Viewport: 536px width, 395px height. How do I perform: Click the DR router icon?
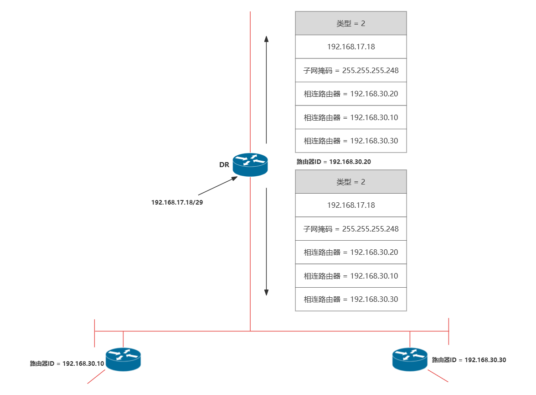[250, 164]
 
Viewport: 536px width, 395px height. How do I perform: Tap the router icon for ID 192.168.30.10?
[123, 359]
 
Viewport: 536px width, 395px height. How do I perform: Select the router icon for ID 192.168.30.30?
[410, 359]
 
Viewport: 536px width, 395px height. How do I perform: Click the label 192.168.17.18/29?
[177, 202]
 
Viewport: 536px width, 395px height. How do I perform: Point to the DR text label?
[224, 164]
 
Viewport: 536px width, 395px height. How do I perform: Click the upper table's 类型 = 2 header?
[350, 23]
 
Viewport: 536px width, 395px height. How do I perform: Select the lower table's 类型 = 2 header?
[350, 182]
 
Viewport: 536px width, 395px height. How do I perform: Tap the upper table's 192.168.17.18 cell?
[350, 47]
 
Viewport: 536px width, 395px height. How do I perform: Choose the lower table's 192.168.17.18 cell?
[350, 205]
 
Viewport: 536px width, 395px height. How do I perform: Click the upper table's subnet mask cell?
[350, 70]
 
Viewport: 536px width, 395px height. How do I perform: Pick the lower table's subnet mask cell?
[350, 229]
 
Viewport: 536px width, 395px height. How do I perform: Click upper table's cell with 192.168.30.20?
[350, 94]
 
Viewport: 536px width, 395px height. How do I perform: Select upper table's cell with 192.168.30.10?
[350, 117]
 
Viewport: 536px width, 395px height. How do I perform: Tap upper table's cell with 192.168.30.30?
[350, 141]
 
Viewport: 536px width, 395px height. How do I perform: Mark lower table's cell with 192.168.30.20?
[350, 252]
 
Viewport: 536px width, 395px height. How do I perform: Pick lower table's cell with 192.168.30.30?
[350, 299]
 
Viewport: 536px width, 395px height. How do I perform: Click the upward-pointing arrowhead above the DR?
[266, 38]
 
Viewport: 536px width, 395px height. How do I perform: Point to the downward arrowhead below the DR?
[266, 292]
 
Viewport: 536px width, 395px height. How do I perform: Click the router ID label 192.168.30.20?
[334, 162]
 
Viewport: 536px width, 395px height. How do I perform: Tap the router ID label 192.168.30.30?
[469, 360]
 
